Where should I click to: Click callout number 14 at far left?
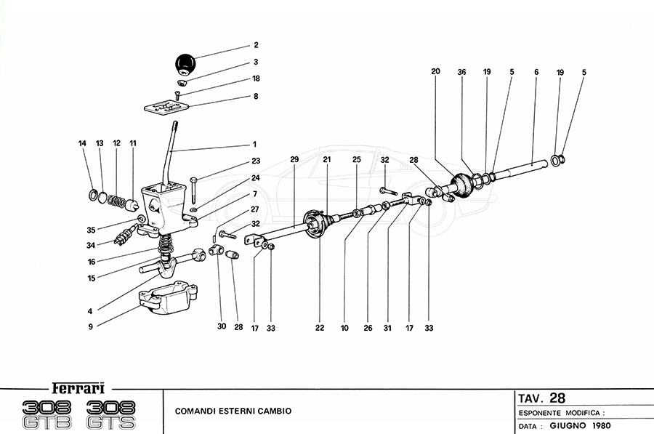(x=83, y=144)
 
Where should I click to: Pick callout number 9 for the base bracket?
(x=90, y=327)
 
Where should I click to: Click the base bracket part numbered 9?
(x=166, y=300)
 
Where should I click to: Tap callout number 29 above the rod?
(x=294, y=159)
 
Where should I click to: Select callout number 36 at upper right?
(x=461, y=72)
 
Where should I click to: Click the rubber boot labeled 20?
(x=461, y=185)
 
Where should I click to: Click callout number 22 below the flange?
(x=320, y=328)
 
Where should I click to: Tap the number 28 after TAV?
(x=557, y=398)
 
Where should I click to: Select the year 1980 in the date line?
(x=599, y=425)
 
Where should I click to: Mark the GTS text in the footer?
(x=110, y=422)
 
